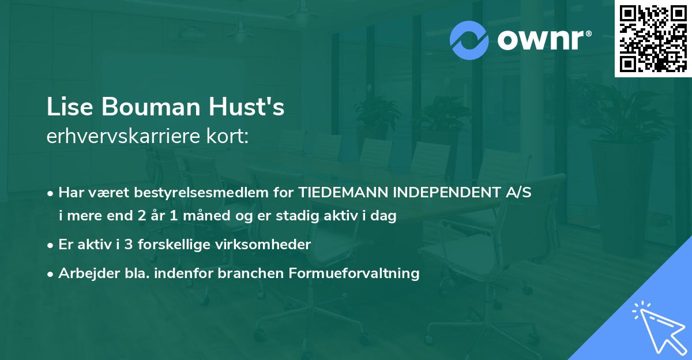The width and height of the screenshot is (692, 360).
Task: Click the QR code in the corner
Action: point(653,39)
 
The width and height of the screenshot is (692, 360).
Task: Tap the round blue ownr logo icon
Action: point(469,40)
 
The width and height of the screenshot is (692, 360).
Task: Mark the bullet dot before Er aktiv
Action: point(51,245)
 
